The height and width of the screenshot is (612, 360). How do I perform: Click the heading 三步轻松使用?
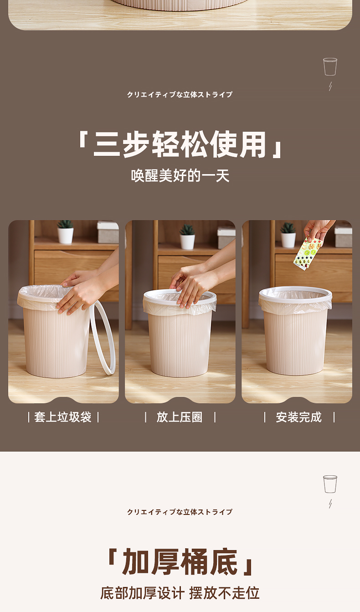pos(180,144)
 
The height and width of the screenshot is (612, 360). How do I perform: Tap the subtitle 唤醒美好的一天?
pos(180,175)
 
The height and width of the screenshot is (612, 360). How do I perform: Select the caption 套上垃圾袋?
pos(63,417)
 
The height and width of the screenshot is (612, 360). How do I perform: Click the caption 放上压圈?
pos(180,417)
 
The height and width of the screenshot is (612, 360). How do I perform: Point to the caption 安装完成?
pos(299,417)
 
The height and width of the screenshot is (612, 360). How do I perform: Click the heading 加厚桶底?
pos(180,562)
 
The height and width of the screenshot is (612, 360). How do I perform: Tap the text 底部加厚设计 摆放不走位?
pos(180,593)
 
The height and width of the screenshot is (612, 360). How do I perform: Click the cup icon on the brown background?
pos(330,67)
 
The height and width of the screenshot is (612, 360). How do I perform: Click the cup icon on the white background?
pos(330,484)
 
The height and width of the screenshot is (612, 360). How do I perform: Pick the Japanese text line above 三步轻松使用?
pos(180,94)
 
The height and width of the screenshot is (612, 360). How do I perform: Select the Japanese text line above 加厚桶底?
pos(180,512)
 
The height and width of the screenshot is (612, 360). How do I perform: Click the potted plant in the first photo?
pos(65,231)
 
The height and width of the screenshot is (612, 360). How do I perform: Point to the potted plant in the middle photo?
pos(187,237)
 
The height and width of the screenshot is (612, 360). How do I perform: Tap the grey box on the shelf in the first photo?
pos(108,232)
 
